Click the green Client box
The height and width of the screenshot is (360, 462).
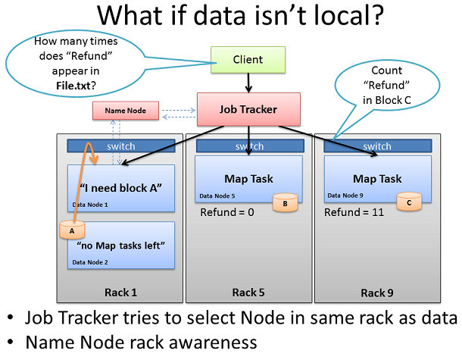coord(248,60)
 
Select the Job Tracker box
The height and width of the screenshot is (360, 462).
coord(248,109)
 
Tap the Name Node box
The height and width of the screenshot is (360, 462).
coord(126,111)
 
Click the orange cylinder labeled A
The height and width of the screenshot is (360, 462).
coord(72,230)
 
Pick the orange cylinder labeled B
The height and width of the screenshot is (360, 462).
coord(286,202)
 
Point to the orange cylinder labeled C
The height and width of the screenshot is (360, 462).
coord(409,202)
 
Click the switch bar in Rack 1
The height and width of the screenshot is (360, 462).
coord(121,146)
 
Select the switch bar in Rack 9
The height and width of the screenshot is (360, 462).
coord(378,146)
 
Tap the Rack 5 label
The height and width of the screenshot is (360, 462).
coord(248,293)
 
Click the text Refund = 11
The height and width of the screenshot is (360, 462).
coord(354,212)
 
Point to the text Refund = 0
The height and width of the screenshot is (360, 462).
coord(227,212)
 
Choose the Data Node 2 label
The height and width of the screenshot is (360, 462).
coord(90,262)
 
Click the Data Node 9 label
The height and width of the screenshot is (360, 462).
coord(345,196)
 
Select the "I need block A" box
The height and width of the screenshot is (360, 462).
coord(121,189)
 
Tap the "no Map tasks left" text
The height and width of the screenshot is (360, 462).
coord(121,246)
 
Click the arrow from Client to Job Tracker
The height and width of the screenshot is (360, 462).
coord(248,83)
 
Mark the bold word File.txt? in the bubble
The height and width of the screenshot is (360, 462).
coord(76,86)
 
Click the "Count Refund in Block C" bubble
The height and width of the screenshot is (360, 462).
coord(387,85)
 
